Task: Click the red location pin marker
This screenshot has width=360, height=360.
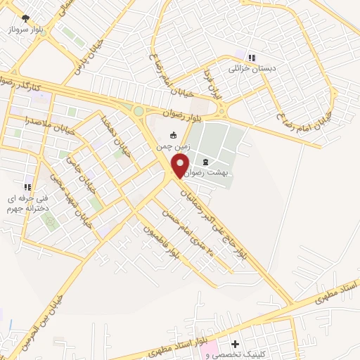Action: [181, 166]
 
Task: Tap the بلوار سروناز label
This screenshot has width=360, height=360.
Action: [26, 31]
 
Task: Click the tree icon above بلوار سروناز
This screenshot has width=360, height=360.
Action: [26, 18]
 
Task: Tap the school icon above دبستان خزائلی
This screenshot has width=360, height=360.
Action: [252, 57]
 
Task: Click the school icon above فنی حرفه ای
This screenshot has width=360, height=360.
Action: [27, 187]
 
